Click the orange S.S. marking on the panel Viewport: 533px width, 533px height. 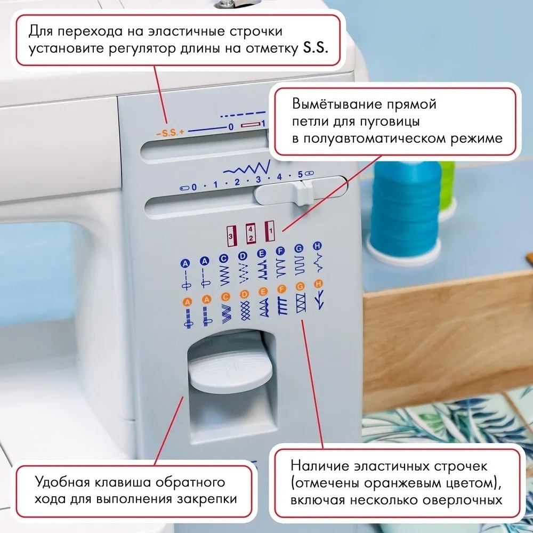click(x=169, y=133)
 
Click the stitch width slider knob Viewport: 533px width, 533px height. click(x=301, y=194)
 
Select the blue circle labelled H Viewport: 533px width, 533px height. click(x=317, y=245)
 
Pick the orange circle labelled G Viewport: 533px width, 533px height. click(x=300, y=286)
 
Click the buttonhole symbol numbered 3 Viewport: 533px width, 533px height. click(x=231, y=235)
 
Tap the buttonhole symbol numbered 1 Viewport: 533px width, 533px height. click(x=270, y=230)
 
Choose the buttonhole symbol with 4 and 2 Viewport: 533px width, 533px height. click(x=251, y=233)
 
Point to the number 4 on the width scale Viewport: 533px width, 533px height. click(x=279, y=176)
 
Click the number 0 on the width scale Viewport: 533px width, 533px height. click(x=194, y=187)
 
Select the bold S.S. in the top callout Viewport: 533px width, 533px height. click(x=315, y=49)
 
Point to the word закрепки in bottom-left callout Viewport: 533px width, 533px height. click(x=207, y=499)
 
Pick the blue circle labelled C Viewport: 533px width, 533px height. click(x=224, y=259)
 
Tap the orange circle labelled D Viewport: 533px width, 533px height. click(x=244, y=294)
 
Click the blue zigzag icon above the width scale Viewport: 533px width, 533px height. click(x=246, y=167)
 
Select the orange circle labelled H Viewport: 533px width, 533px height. click(x=319, y=283)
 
